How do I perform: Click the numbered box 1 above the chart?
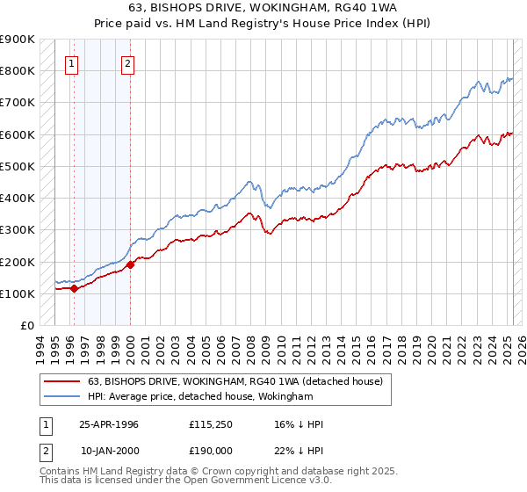[x=71, y=62]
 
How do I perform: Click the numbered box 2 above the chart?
[x=128, y=62]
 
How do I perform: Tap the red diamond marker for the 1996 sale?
[x=74, y=287]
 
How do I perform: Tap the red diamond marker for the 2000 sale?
[x=130, y=264]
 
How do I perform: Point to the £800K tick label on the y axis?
[x=18, y=70]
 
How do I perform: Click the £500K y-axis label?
[x=18, y=166]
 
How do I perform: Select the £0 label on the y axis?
[x=27, y=325]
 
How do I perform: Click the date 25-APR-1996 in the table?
[x=109, y=424]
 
